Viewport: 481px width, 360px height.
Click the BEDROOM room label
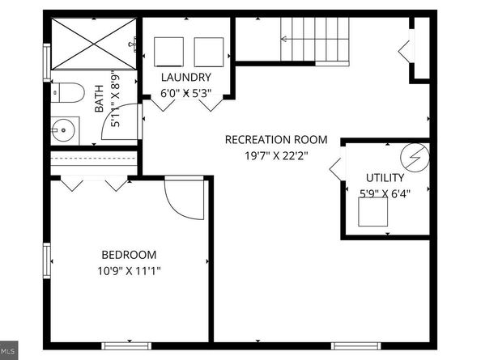[129, 255]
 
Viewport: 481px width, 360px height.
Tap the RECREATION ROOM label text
[276, 140]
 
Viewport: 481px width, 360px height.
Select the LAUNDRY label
[186, 77]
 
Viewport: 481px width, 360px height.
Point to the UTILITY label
[385, 178]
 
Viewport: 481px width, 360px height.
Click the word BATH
[99, 99]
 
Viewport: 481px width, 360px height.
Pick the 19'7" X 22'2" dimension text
[276, 156]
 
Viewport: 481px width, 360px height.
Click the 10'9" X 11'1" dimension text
[129, 271]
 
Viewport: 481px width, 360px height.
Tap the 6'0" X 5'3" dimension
[186, 93]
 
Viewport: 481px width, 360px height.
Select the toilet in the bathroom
[67, 92]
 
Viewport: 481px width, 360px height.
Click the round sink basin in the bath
[63, 130]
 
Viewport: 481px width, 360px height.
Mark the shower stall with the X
[94, 44]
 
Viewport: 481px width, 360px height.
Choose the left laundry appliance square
[168, 52]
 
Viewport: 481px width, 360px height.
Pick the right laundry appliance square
[209, 52]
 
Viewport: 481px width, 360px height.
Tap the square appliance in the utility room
[372, 212]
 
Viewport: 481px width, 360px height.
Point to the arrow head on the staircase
[283, 39]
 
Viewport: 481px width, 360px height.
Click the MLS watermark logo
[8, 350]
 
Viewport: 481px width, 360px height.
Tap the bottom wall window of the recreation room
[355, 346]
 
